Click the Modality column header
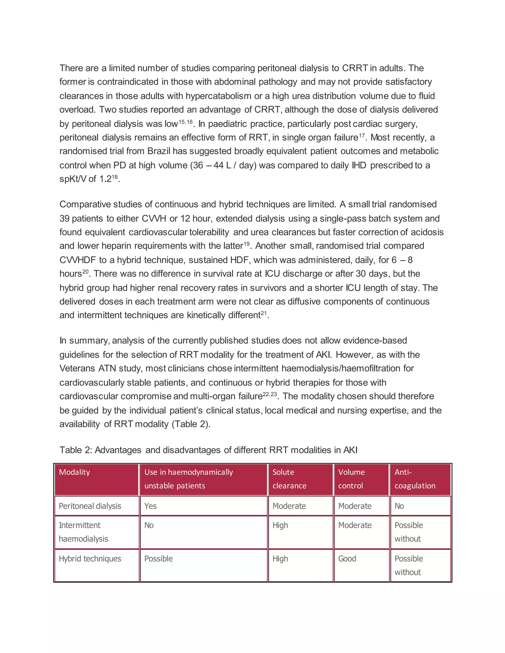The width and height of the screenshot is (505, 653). (74, 472)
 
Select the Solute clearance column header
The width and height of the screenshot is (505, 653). (289, 479)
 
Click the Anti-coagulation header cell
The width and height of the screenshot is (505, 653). (415, 479)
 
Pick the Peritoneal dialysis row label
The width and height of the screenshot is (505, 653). (90, 506)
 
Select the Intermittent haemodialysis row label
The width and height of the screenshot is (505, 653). (84, 532)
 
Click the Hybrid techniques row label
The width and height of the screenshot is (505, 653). (90, 559)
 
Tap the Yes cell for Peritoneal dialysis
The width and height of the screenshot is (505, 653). (150, 506)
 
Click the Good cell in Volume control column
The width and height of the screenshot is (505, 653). (347, 559)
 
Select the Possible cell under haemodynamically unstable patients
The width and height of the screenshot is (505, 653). (159, 559)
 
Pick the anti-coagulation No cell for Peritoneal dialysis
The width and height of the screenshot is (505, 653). (399, 506)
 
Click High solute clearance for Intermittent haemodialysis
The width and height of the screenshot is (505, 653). (280, 525)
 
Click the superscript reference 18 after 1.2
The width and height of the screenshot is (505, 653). (115, 177)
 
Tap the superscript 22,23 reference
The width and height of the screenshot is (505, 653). (270, 394)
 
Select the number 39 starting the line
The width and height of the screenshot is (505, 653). (64, 219)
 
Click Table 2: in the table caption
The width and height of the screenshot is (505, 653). (76, 450)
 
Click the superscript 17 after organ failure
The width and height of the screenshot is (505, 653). (362, 136)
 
